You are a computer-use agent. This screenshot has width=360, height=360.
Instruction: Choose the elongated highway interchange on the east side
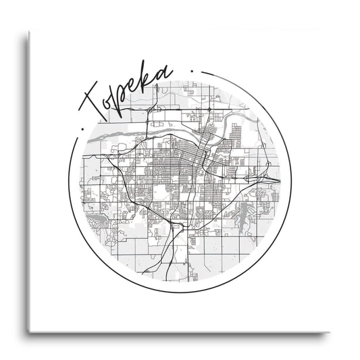coord(267,180)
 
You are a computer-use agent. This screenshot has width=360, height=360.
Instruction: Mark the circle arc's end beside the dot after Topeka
coord(202,69)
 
